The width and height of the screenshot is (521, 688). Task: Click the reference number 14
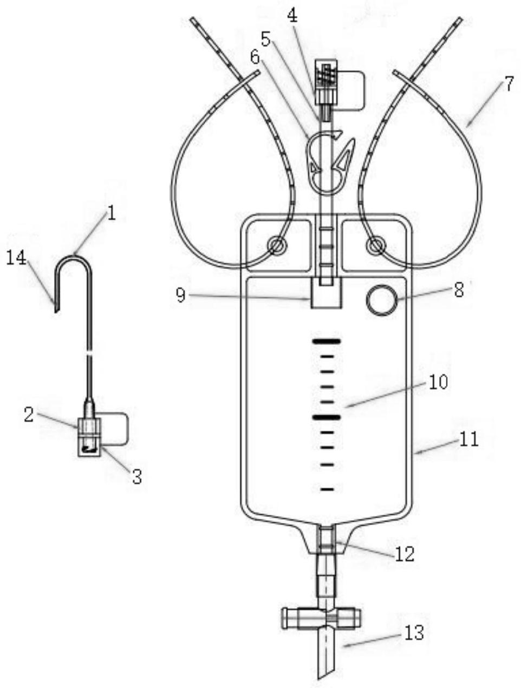point(17,258)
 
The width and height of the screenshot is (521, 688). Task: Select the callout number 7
point(508,84)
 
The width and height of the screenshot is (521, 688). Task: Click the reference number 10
point(438,382)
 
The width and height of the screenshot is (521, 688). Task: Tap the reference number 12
point(405,554)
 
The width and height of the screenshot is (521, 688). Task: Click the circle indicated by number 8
point(381,300)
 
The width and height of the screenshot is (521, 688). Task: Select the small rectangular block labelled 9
point(326,292)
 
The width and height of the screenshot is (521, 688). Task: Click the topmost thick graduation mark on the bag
point(326,341)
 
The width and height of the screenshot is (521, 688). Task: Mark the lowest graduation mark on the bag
point(327,489)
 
